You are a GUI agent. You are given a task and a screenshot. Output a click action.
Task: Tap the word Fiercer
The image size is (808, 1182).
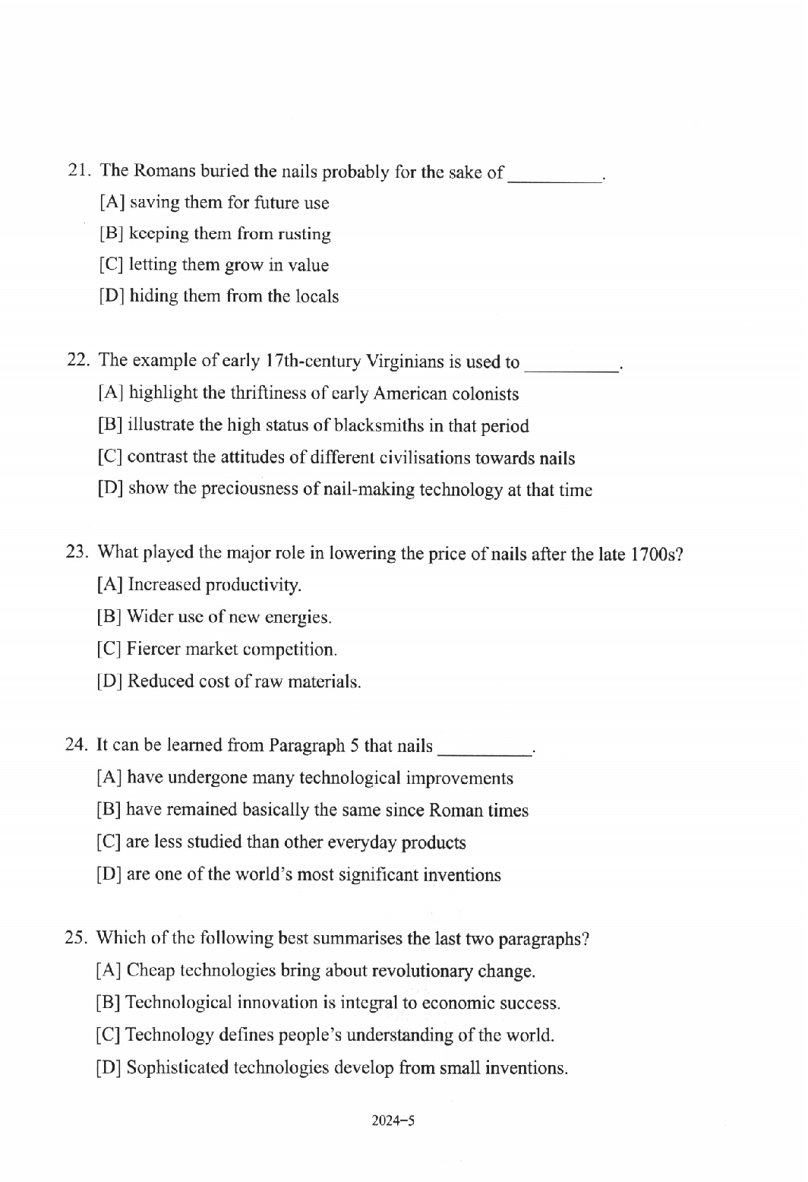click(x=153, y=649)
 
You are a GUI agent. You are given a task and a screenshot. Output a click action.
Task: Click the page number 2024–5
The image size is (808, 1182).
click(x=393, y=1120)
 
